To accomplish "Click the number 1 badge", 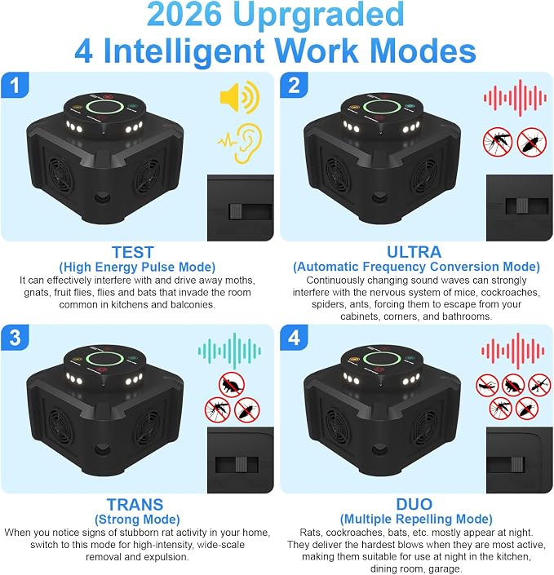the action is point(15,85).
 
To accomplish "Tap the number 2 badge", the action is point(294,85).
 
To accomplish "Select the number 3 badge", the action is point(15,338).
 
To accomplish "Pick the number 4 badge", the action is point(294,338).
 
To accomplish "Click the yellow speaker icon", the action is point(240,97).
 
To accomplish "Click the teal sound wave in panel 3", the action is point(229,351).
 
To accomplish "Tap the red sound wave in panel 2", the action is point(515,98).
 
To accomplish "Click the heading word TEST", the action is point(133,252).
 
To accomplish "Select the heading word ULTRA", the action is point(414,252).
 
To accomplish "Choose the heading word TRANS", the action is point(135,505).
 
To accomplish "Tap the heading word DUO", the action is point(414,504).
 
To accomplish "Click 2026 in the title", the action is point(184,14).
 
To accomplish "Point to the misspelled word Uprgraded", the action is point(318,15).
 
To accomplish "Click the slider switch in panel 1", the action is point(236,212).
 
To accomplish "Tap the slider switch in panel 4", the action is point(517,465).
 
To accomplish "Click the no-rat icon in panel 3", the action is point(232,385).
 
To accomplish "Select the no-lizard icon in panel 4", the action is point(539,386).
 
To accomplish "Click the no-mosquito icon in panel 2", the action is point(497,142).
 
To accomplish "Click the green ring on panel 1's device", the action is point(104,108).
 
